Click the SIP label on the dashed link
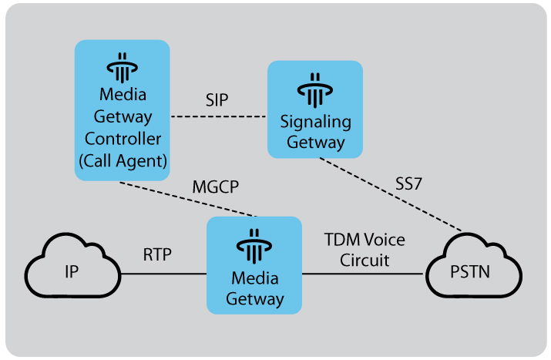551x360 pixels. [x=217, y=101]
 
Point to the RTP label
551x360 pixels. [x=156, y=254]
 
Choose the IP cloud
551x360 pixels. [x=72, y=274]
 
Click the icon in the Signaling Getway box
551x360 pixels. [x=314, y=91]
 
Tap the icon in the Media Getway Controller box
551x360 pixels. [x=121, y=69]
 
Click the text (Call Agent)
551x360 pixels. [x=122, y=161]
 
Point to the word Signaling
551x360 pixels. [x=314, y=122]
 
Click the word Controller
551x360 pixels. [x=123, y=140]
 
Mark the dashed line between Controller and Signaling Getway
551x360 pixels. [x=218, y=117]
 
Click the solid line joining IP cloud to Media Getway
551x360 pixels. [x=163, y=274]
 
